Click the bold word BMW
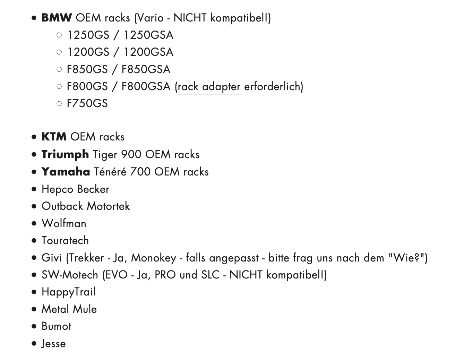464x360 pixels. coord(57,17)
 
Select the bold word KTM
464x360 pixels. coord(54,137)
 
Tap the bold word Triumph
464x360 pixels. coord(65,155)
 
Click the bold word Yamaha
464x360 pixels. coord(66,172)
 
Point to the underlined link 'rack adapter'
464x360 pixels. coord(209,87)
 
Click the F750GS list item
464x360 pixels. coord(87,103)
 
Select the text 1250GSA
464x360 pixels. coord(149,35)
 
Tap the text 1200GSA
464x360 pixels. coord(149,52)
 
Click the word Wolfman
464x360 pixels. coord(64,223)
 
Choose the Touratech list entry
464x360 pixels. coord(65,240)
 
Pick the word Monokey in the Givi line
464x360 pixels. coord(154,258)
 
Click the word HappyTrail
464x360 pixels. coord(69,292)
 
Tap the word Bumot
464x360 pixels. coord(57,326)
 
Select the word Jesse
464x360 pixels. coord(53,344)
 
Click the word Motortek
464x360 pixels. coord(108,206)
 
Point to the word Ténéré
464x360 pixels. coord(110,172)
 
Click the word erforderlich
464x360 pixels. coord(272,86)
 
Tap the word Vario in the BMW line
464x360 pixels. coord(150,17)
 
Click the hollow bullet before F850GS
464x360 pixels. coord(59,69)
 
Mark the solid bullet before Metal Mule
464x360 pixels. coord(34,309)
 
